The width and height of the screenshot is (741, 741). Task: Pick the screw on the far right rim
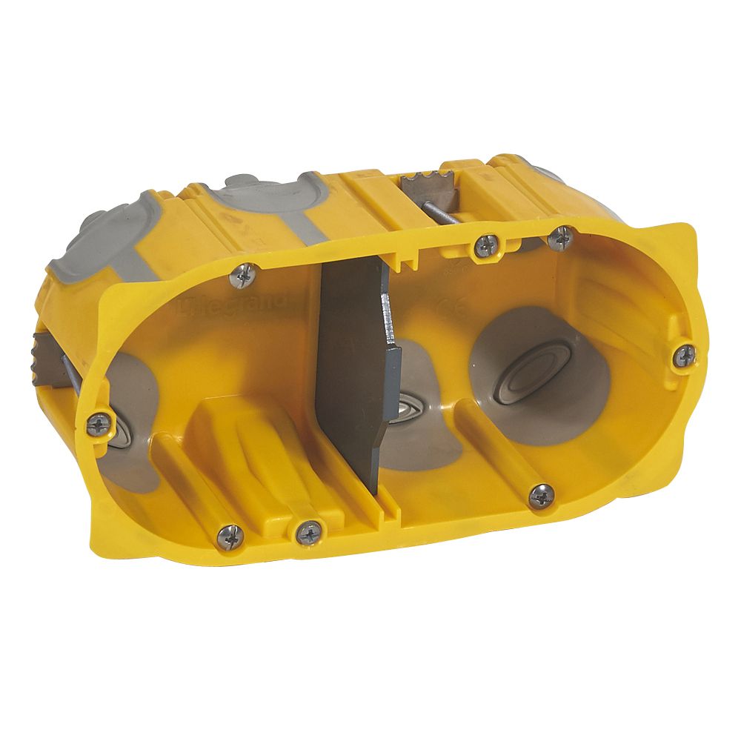click(684, 356)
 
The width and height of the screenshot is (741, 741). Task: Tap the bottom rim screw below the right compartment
click(541, 495)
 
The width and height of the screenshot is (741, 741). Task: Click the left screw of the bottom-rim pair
click(230, 536)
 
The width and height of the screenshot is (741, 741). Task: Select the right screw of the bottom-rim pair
click(308, 531)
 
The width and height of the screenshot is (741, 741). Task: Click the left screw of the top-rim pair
click(485, 245)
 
